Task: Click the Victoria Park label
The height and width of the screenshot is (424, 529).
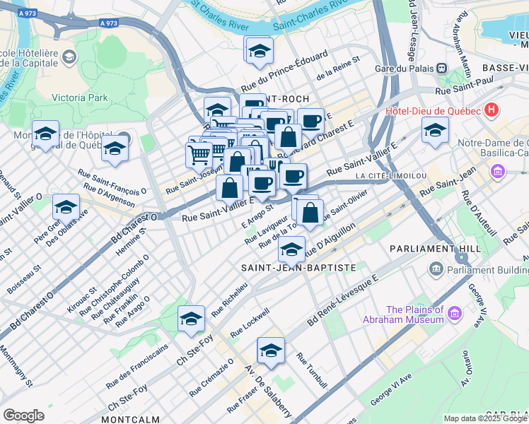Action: point(80,98)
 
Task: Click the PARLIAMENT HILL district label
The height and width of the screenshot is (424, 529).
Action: point(431,249)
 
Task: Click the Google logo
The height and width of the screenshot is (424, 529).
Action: point(23,416)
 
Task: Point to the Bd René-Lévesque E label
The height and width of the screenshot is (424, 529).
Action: point(343,301)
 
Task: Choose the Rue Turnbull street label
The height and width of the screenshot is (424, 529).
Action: point(312,371)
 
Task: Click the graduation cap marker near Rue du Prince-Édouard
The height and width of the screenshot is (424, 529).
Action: point(260,49)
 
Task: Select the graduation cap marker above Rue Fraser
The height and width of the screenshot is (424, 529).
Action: point(271,350)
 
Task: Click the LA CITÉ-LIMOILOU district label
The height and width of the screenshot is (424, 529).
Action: point(388,175)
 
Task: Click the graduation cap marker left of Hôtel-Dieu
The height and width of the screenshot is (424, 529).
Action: point(435,129)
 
